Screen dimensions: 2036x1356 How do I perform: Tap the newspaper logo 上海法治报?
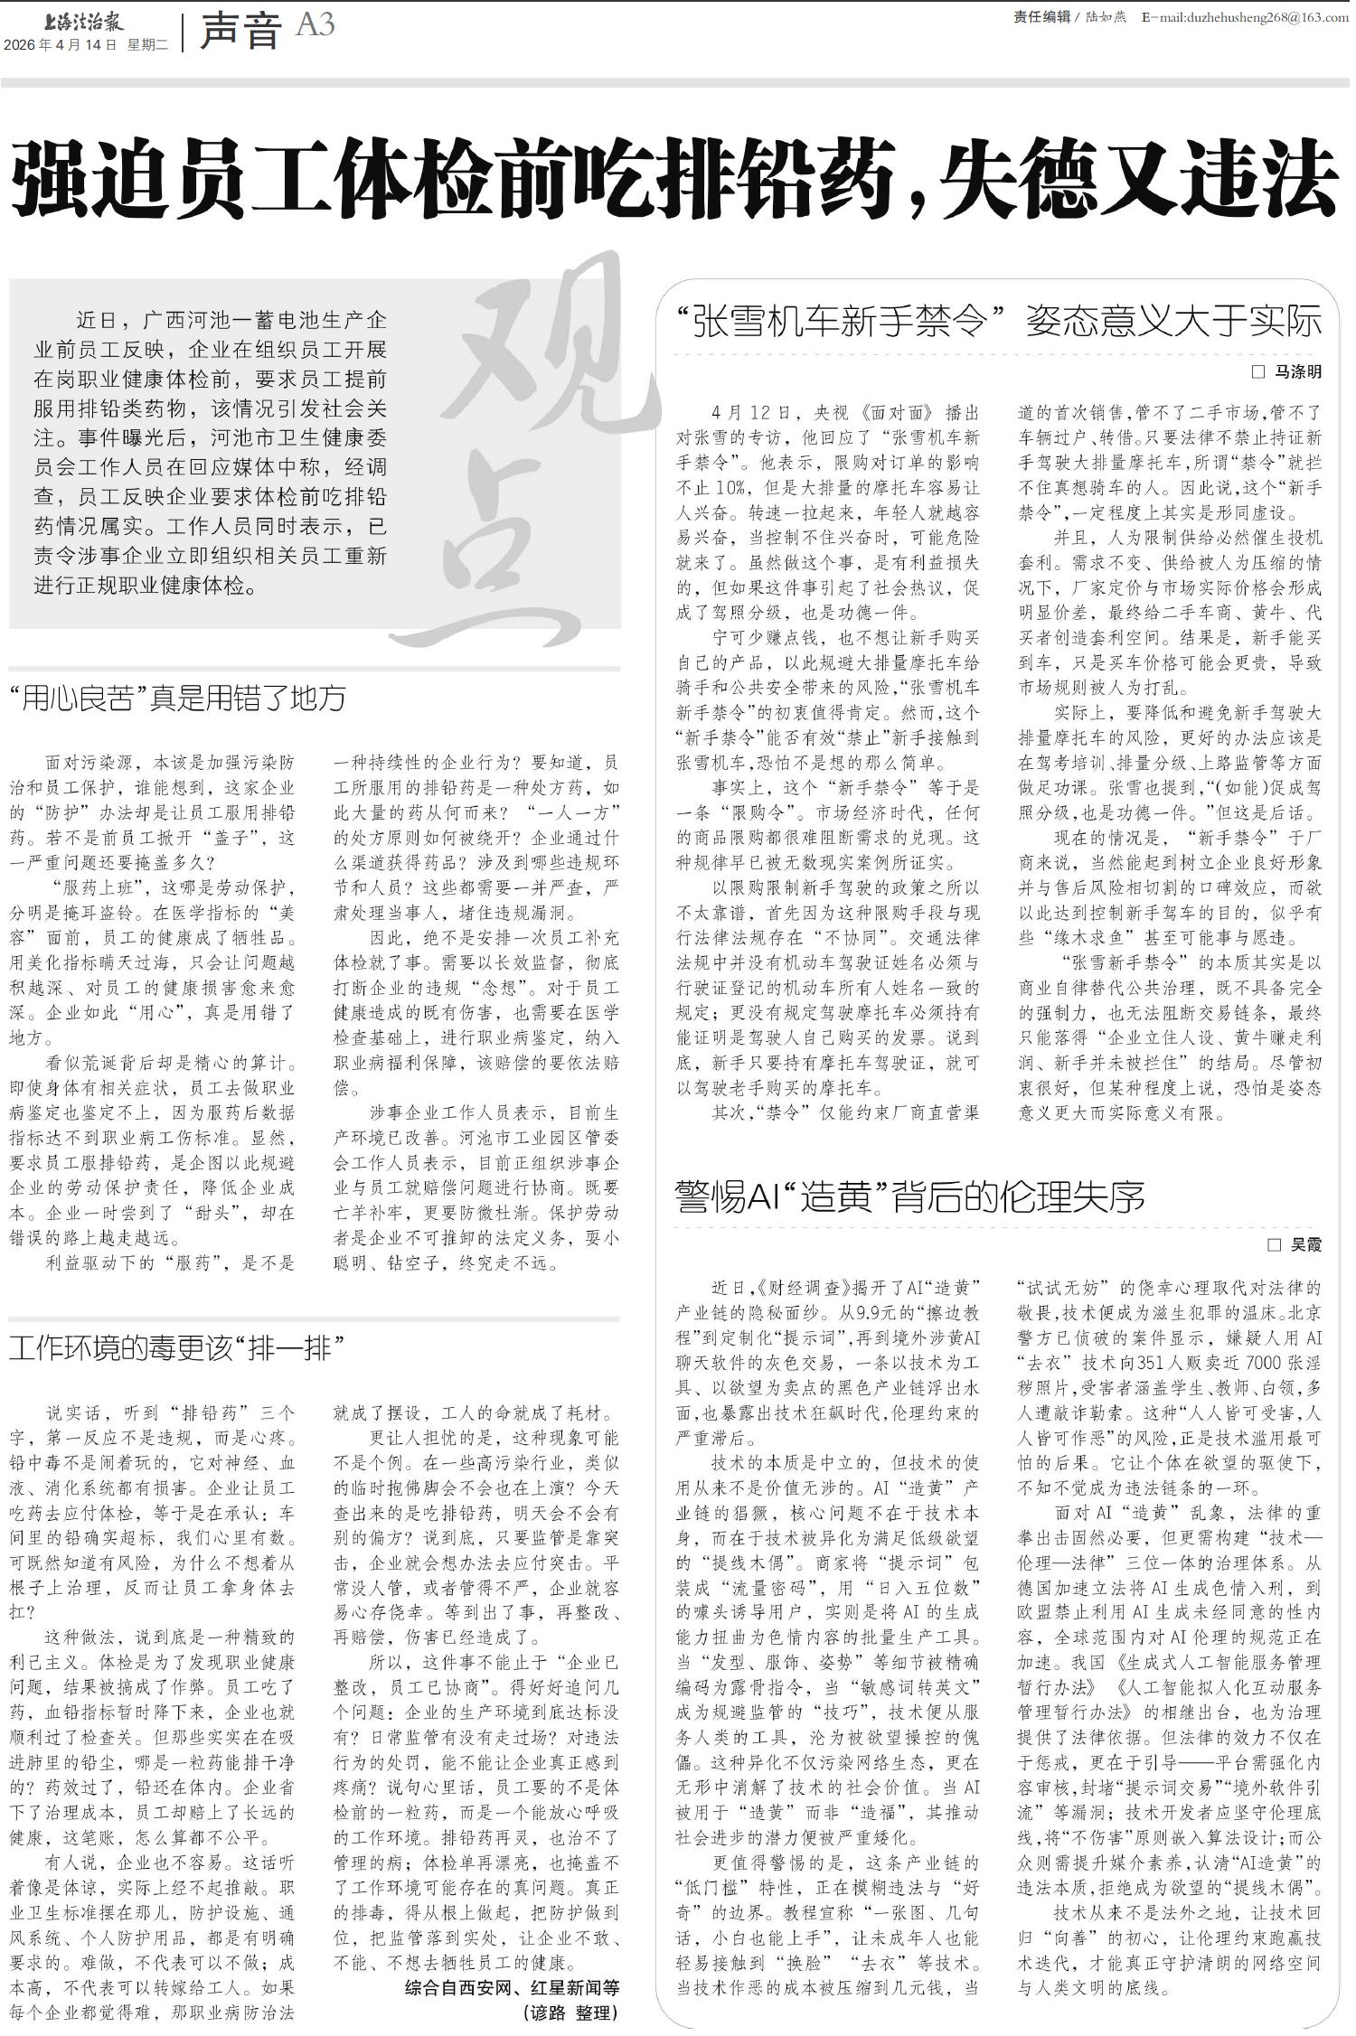click(x=87, y=20)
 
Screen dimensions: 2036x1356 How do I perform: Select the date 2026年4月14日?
click(x=60, y=44)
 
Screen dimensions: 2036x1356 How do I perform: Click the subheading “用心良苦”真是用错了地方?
click(x=177, y=698)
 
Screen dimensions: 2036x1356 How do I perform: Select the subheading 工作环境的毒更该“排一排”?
click(x=177, y=1349)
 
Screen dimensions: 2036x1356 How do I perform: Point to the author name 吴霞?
click(x=1305, y=1244)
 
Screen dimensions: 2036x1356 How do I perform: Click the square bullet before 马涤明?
click(x=1257, y=371)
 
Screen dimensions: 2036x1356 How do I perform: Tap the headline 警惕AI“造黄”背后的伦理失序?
click(x=909, y=1196)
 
